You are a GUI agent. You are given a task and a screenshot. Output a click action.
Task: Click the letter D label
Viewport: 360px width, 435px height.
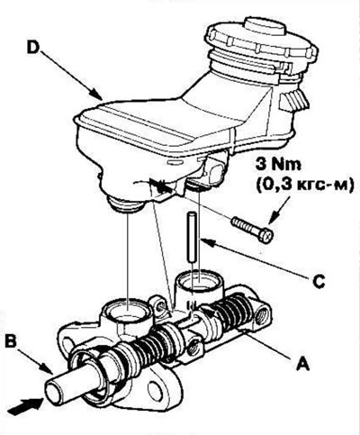pos(33,47)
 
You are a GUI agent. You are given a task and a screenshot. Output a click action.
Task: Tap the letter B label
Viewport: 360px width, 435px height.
pos(12,342)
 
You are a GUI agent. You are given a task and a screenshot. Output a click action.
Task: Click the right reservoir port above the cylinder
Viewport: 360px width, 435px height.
pos(200,282)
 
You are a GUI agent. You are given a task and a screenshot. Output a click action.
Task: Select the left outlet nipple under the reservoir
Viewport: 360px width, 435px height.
pos(125,204)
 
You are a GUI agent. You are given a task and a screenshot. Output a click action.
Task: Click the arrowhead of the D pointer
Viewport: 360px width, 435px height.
pos(96,94)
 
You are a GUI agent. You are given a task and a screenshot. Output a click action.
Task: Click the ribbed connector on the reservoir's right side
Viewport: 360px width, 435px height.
pos(294,100)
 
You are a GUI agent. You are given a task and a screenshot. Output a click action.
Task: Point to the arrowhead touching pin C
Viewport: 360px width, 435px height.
pos(208,242)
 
